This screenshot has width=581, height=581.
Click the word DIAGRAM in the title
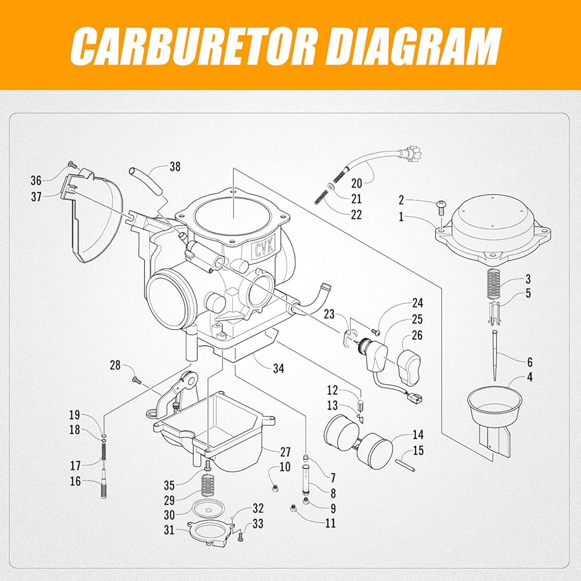pyautogui.click(x=413, y=46)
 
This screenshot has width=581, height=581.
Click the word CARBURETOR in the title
pyautogui.click(x=193, y=46)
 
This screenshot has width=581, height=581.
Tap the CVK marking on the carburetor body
pyautogui.click(x=264, y=248)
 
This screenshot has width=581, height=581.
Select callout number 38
pyautogui.click(x=175, y=166)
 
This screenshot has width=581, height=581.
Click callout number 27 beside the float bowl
pyautogui.click(x=285, y=451)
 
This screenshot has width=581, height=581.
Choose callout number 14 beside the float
pyautogui.click(x=418, y=434)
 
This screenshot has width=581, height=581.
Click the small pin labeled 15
pyautogui.click(x=405, y=465)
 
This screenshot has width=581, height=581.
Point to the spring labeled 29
pyautogui.click(x=208, y=486)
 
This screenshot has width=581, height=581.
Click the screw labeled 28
pyautogui.click(x=137, y=379)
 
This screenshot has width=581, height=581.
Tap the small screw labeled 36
pyautogui.click(x=71, y=164)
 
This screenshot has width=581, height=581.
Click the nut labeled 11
pyautogui.click(x=293, y=508)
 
